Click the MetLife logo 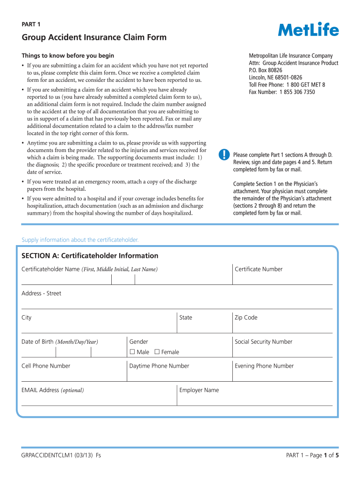(x=309, y=30)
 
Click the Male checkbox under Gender (x=132, y=352)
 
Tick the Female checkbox (x=157, y=352)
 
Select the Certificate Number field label (x=259, y=269)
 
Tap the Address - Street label (x=41, y=293)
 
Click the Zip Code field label (x=246, y=318)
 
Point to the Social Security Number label (x=263, y=342)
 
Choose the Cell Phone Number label (x=46, y=366)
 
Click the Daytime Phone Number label (x=159, y=366)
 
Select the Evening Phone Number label (x=264, y=366)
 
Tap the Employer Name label (x=199, y=390)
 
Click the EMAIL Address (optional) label (x=52, y=390)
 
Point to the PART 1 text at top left (x=31, y=24)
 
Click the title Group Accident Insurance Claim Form (x=94, y=37)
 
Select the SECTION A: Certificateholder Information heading (x=90, y=256)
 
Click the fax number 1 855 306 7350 (x=297, y=92)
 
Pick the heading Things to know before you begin (x=68, y=56)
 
